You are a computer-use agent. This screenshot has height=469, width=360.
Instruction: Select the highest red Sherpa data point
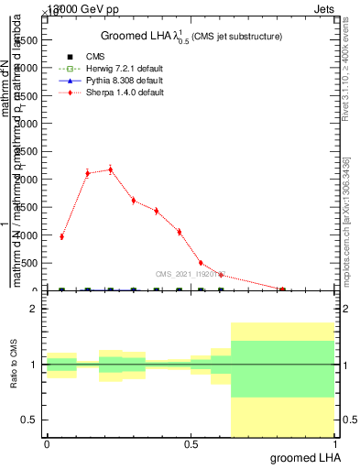click(x=111, y=169)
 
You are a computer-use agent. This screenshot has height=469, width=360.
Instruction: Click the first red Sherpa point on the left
click(x=61, y=236)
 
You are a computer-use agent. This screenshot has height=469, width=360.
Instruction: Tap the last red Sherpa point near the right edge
click(x=282, y=289)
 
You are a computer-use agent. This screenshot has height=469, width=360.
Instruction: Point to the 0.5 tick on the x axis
click(x=191, y=444)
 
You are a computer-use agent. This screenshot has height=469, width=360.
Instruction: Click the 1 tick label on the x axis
click(x=334, y=444)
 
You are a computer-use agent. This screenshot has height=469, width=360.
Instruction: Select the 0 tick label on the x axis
click(x=47, y=444)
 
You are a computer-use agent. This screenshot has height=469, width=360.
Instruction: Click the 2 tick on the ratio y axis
click(x=34, y=309)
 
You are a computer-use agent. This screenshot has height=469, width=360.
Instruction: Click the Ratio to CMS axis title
click(x=15, y=365)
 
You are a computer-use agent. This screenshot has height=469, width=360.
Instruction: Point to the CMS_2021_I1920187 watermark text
click(x=191, y=274)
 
